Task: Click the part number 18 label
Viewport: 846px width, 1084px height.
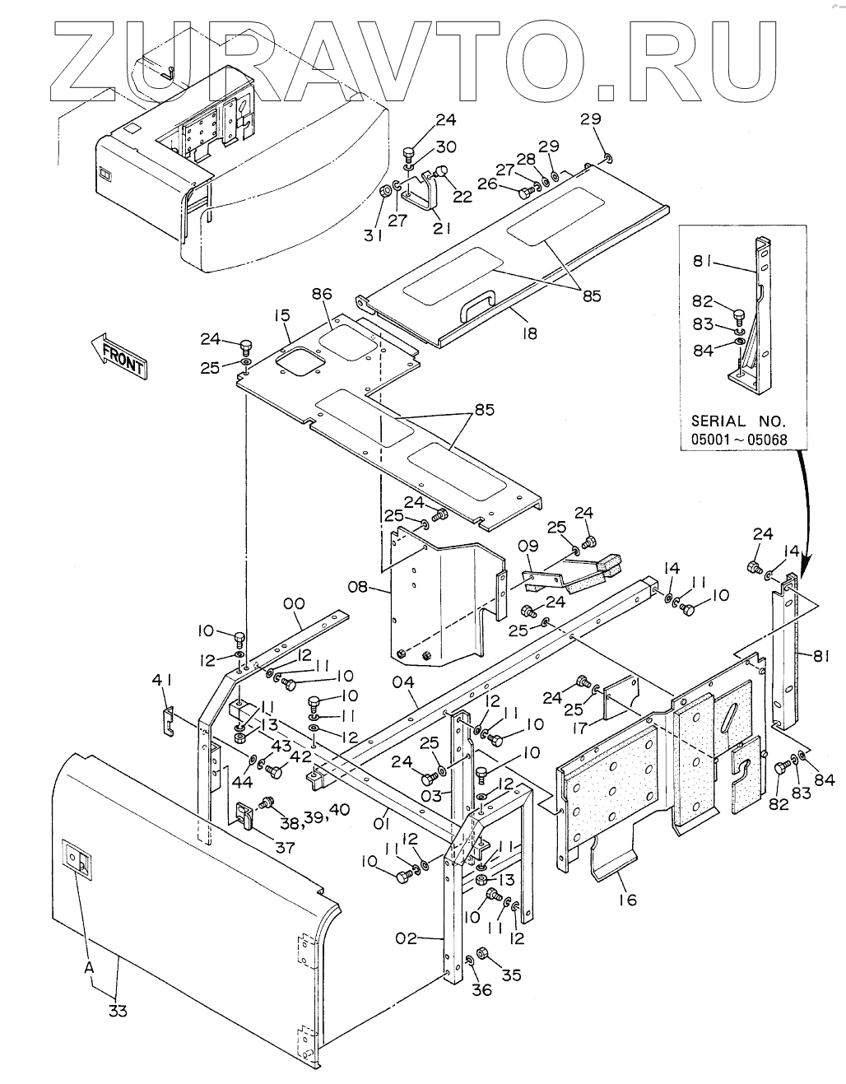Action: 528,333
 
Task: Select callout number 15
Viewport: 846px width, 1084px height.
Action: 282,315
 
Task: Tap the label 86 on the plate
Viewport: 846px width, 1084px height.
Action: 322,293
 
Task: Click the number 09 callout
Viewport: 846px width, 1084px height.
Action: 528,546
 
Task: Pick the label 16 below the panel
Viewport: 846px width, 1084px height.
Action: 627,900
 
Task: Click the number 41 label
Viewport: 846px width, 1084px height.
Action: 162,680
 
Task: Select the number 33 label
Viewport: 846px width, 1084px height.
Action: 118,1011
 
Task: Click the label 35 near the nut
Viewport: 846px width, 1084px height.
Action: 512,975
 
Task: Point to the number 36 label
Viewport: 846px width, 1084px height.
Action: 481,989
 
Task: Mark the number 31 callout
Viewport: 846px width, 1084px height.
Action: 374,235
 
